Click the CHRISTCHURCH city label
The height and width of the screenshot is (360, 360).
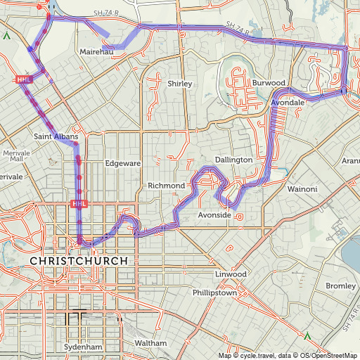coord(79,261)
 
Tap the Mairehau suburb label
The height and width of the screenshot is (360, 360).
coord(97,52)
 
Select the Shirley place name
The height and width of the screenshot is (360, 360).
coord(179,84)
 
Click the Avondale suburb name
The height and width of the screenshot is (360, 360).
coord(288,103)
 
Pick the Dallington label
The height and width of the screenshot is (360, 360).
coord(233,160)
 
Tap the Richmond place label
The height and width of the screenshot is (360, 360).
coord(166,185)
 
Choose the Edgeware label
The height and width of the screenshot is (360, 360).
coord(123,163)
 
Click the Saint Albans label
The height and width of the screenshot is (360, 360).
coord(55,135)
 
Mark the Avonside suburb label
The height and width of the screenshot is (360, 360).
coord(214,214)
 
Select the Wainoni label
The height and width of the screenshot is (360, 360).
coord(302,189)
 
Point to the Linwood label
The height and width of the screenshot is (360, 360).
coord(230,274)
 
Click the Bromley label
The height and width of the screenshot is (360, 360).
coord(340,286)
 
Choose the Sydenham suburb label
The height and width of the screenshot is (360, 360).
coord(83,347)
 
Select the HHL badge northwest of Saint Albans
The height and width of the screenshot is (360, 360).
coord(24,79)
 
